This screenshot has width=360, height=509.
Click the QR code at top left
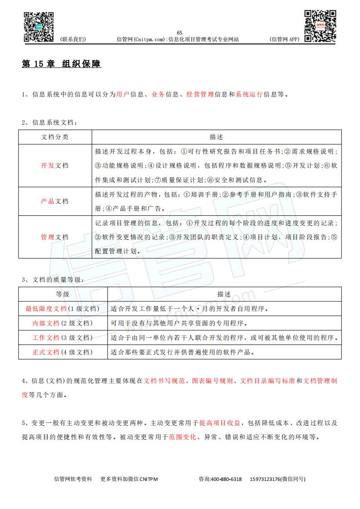[39, 26]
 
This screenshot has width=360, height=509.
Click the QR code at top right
[321, 25]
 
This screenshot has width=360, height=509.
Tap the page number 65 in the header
[180, 32]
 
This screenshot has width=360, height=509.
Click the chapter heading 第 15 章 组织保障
[62, 64]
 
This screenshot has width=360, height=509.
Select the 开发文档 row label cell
[55, 165]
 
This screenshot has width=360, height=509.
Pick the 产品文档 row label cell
[55, 201]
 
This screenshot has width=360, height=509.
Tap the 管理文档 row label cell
[55, 237]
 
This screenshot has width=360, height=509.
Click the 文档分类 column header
[55, 137]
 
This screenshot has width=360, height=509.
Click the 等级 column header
[63, 294]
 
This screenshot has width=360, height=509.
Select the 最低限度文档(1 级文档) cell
[63, 309]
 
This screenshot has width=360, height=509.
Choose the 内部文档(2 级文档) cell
[63, 323]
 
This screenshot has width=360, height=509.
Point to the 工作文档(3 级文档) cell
[63, 338]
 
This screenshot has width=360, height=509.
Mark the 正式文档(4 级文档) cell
[63, 352]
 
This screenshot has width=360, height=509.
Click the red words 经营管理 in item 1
[200, 94]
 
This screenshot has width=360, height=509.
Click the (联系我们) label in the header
[73, 39]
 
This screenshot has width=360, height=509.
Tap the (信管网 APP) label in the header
[285, 39]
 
